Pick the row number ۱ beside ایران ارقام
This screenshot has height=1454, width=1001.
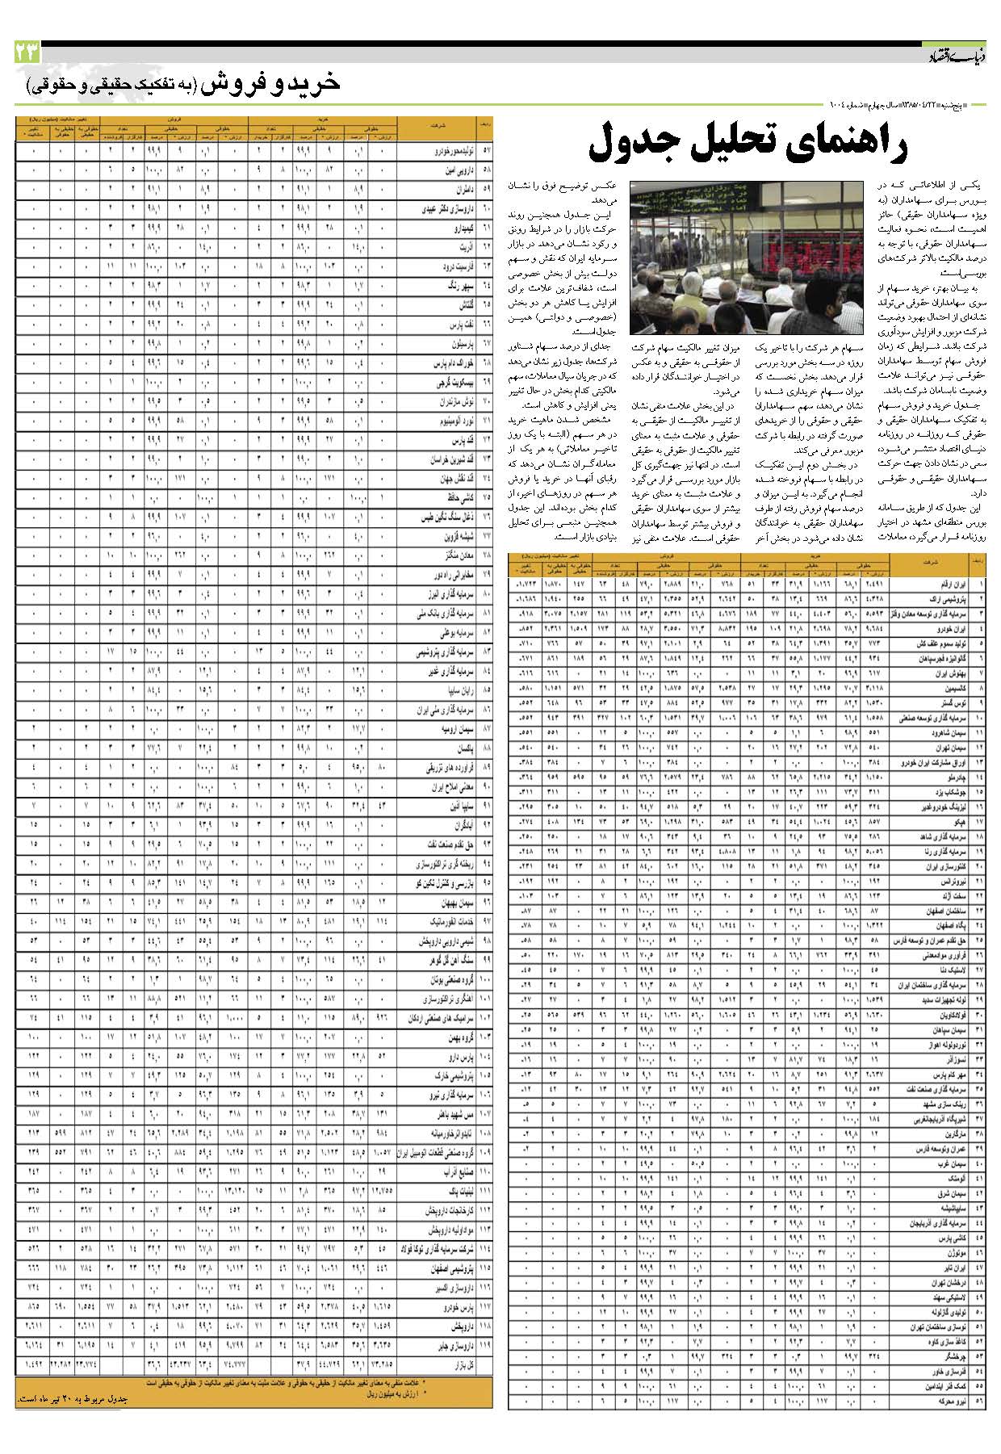(x=980, y=584)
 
